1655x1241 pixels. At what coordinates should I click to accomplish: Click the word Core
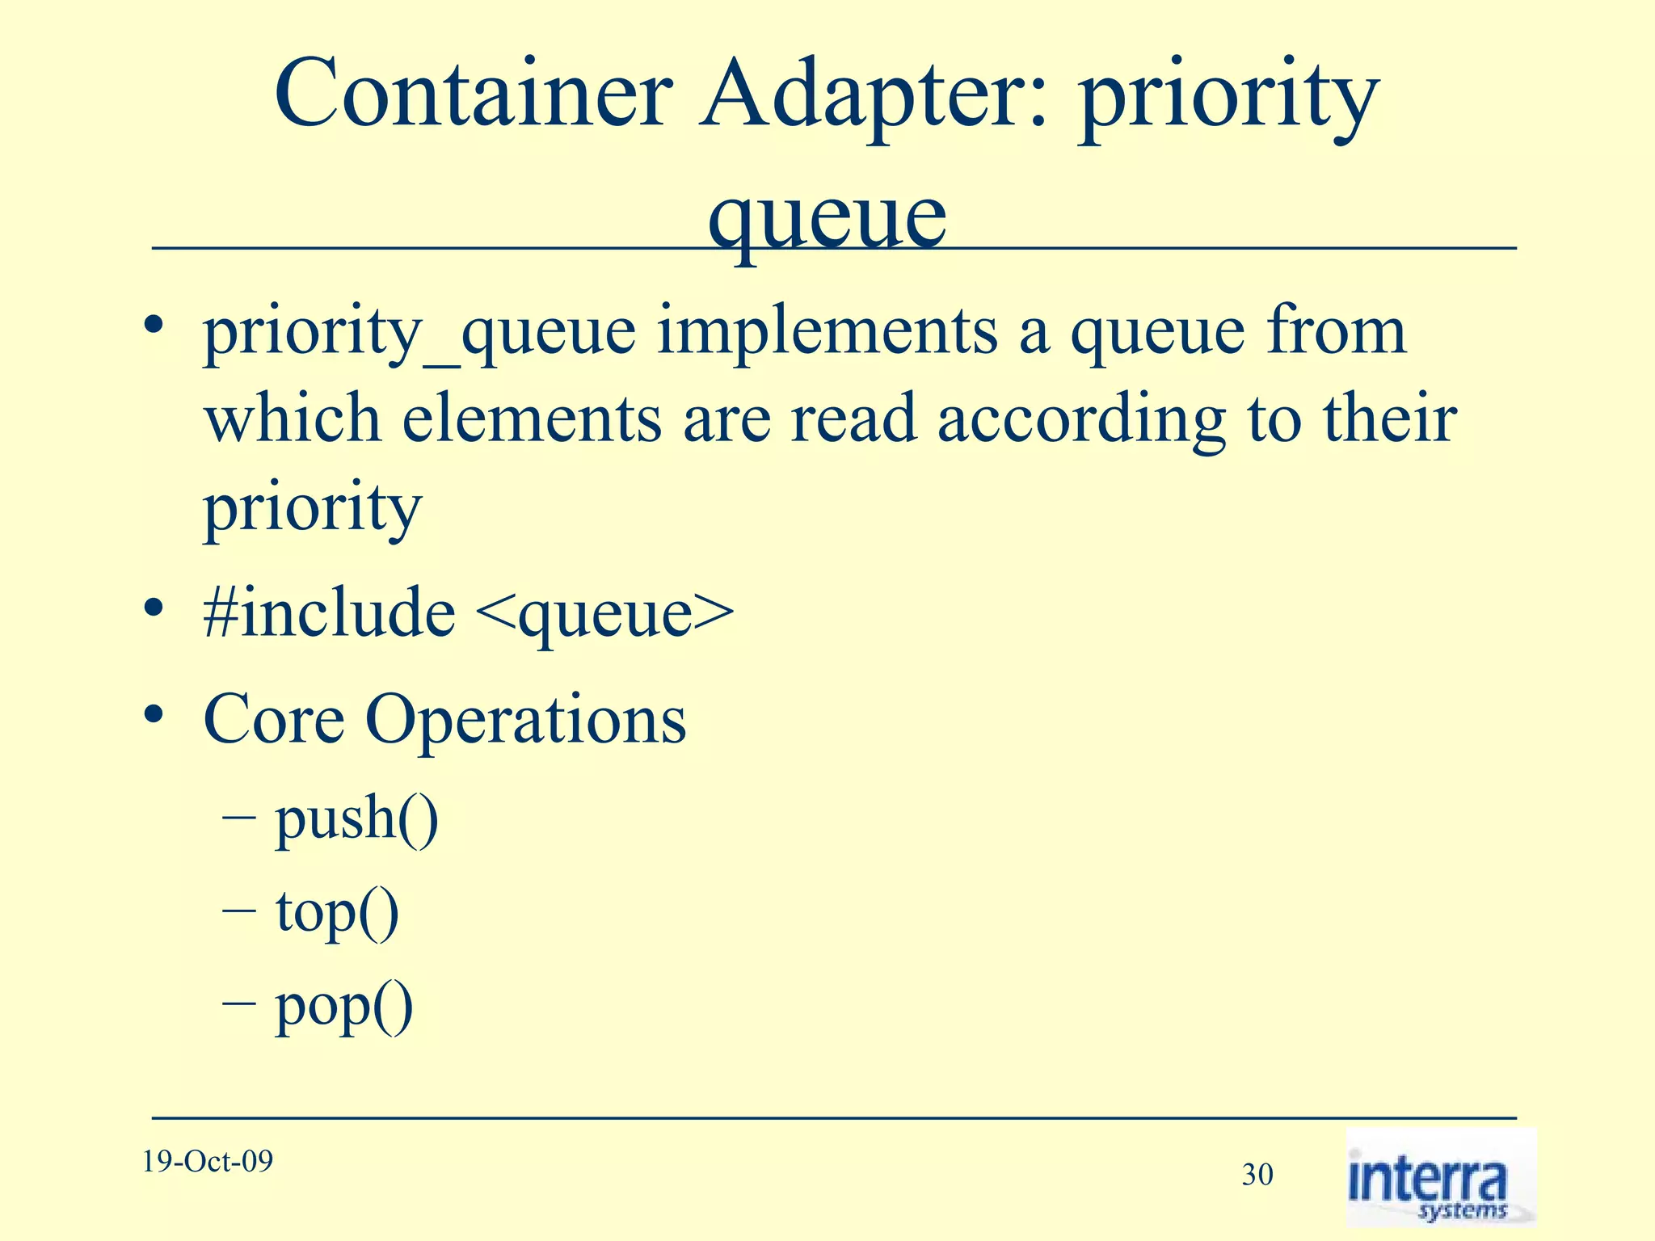tap(274, 718)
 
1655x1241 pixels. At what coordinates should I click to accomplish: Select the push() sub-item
tap(356, 820)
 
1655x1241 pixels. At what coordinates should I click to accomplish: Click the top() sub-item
tap(337, 913)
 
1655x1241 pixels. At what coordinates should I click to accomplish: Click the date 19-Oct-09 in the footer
tap(208, 1162)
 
